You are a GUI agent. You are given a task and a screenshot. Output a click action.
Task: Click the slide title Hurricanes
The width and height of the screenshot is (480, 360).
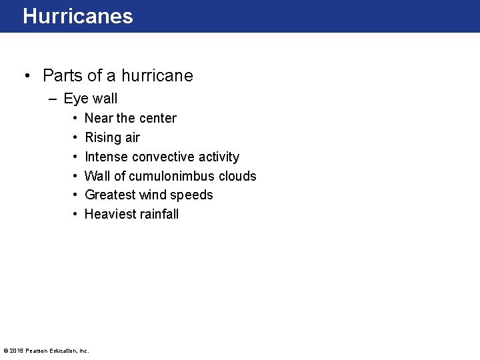(78, 16)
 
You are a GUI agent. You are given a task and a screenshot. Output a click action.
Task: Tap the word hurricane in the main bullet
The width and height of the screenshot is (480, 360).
(157, 75)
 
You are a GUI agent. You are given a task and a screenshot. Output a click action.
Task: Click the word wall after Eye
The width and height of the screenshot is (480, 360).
(105, 99)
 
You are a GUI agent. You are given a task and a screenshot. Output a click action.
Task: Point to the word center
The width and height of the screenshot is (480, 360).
(157, 118)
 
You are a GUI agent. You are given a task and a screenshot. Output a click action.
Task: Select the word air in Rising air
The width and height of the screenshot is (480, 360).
(132, 137)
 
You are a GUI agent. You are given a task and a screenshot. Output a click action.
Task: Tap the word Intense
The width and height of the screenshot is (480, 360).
(107, 157)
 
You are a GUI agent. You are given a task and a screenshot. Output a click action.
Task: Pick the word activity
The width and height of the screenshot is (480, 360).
(219, 157)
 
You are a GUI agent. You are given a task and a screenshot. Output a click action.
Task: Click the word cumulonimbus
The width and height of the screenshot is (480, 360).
(163, 176)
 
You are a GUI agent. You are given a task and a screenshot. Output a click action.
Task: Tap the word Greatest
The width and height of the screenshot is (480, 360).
(110, 195)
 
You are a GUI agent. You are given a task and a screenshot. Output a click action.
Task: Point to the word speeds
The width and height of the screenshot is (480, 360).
(193, 195)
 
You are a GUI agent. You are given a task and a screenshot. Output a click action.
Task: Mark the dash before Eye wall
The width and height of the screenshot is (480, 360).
(53, 99)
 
